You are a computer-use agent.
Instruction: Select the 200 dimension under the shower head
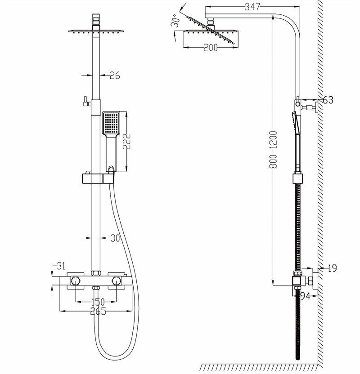tap(210, 48)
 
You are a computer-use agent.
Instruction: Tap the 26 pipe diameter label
tap(115, 76)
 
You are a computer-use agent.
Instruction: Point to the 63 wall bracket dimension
tap(328, 100)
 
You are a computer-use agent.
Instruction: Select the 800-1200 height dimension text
tap(273, 150)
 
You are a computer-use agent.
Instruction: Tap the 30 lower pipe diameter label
tap(115, 238)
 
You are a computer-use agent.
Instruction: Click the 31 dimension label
tap(61, 266)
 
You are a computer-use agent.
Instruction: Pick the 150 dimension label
tap(98, 302)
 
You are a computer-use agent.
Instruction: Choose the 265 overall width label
tap(98, 311)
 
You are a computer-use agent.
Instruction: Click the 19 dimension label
tap(332, 268)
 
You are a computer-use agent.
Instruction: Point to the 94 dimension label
tap(306, 295)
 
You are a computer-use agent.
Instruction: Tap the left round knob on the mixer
tap(76, 281)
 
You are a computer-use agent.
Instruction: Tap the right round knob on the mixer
tap(117, 281)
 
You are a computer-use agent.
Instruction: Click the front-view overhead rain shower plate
tap(96, 31)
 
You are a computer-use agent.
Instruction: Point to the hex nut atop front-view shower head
tap(96, 20)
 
